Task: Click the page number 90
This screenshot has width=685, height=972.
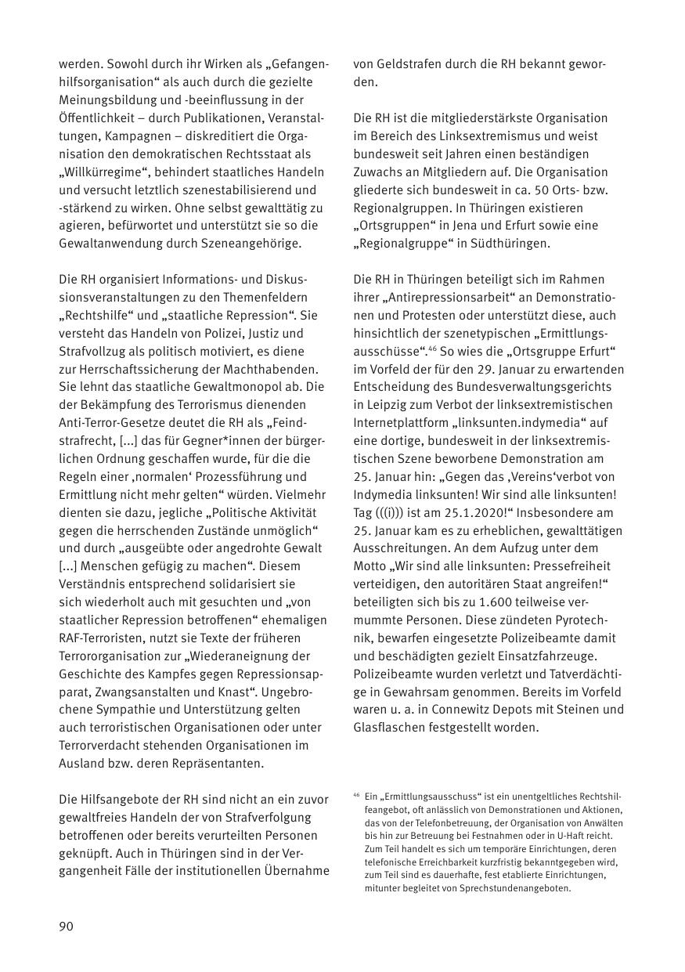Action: pos(66,927)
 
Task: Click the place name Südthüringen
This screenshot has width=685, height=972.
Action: pos(510,243)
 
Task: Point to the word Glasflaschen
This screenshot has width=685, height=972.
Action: pos(388,727)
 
